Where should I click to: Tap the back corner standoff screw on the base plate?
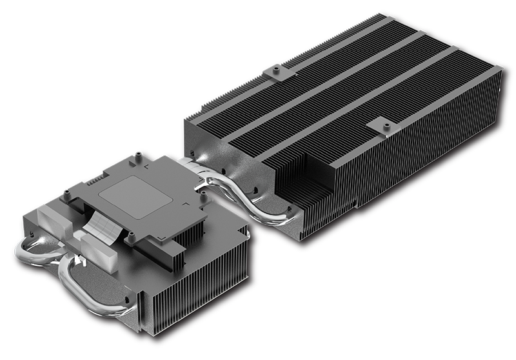(x=137, y=157)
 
